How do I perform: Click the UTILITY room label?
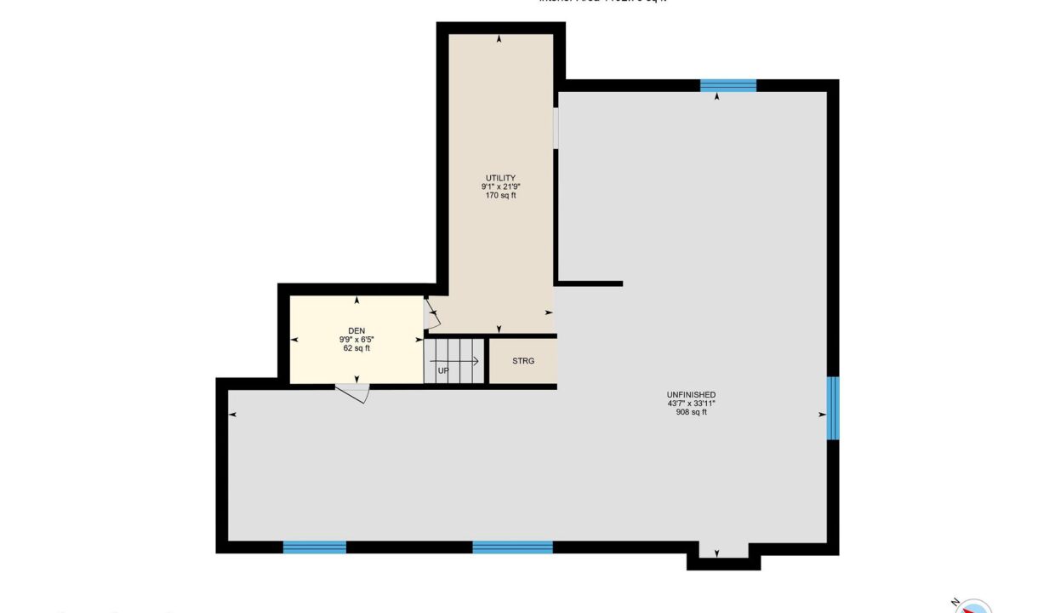[500, 178]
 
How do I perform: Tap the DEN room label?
[356, 330]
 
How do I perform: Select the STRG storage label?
[523, 361]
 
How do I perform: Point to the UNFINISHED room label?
[691, 394]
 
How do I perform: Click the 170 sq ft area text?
[500, 196]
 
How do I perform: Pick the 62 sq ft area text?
[356, 348]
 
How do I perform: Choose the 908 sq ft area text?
[691, 412]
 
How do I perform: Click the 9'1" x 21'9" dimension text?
[500, 186]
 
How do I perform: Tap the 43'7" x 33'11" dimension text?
[691, 404]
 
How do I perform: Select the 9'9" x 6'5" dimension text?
[356, 339]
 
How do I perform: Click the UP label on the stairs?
[443, 370]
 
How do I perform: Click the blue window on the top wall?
[728, 85]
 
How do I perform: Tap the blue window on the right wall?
[833, 408]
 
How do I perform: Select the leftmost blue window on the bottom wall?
[315, 547]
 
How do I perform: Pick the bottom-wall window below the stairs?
[512, 547]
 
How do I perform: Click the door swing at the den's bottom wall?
[353, 392]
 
